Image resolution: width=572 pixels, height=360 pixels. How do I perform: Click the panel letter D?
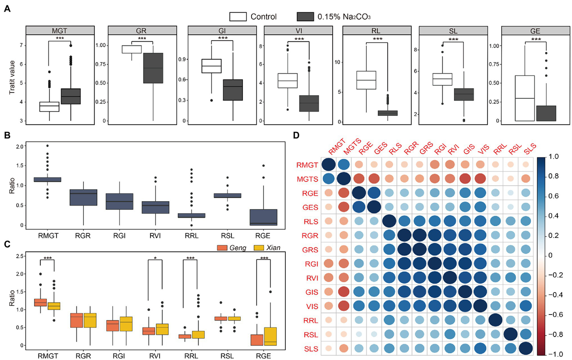tap(296, 135)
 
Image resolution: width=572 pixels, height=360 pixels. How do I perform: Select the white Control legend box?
tap(238, 17)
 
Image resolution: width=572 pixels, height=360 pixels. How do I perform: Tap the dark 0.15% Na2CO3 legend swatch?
tap(305, 17)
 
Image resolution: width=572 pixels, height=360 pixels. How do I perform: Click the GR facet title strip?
tap(142, 31)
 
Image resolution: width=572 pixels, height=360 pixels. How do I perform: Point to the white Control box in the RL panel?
tap(366, 80)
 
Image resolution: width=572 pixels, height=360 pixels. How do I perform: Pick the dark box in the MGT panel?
tap(71, 97)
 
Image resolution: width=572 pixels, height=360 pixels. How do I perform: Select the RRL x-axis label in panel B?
tap(191, 236)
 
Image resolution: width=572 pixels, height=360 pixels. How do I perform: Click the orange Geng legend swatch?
tap(222, 248)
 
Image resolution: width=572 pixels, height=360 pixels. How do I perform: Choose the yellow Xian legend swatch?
tap(258, 248)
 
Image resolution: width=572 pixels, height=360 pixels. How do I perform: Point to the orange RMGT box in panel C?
tap(41, 302)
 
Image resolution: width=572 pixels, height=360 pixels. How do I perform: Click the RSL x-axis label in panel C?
tap(227, 356)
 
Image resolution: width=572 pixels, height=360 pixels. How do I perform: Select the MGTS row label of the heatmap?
tap(307, 179)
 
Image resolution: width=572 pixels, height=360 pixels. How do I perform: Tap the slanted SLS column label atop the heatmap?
tap(530, 148)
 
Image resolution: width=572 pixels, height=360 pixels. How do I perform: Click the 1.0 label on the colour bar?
tap(554, 157)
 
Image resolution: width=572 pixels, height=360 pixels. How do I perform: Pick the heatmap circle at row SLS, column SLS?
tap(525, 349)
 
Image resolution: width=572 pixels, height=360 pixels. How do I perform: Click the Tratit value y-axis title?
tap(12, 77)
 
